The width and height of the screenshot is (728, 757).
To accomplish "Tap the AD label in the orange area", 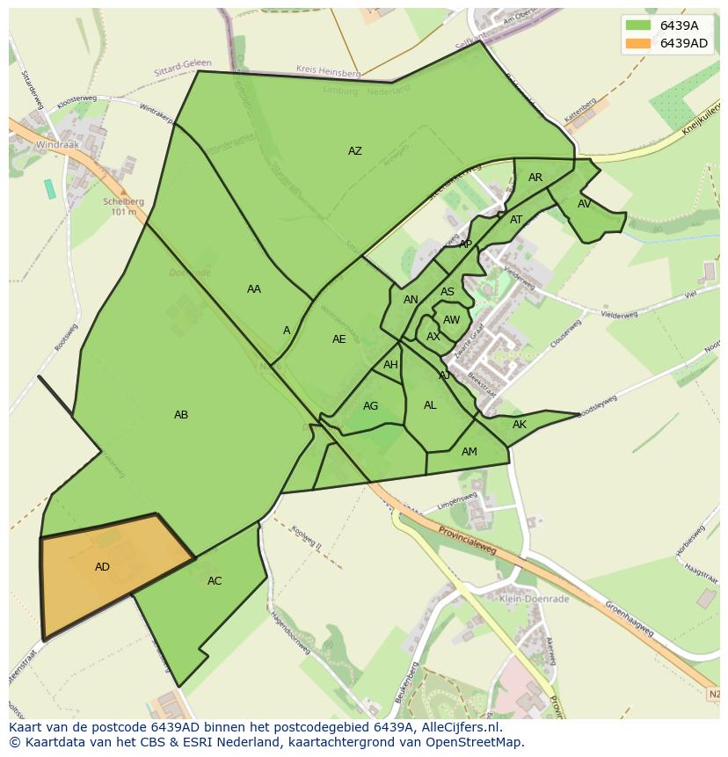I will pyautogui.click(x=102, y=567).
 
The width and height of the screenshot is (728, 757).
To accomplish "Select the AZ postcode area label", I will pyautogui.click(x=354, y=151).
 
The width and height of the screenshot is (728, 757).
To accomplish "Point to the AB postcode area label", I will pyautogui.click(x=181, y=415).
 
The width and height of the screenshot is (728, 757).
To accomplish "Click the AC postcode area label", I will pyautogui.click(x=215, y=581).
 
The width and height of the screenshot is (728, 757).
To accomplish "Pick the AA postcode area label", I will pyautogui.click(x=254, y=289).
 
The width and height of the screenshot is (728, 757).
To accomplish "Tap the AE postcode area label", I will pyautogui.click(x=339, y=339).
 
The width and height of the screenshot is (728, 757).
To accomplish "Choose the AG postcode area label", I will pyautogui.click(x=370, y=406).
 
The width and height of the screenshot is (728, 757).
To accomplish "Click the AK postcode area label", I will pyautogui.click(x=519, y=425).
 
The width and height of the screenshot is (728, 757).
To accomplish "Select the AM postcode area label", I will pyautogui.click(x=470, y=452).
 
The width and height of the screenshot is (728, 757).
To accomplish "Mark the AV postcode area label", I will pyautogui.click(x=585, y=204).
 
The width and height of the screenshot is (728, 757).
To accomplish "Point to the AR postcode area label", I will pyautogui.click(x=535, y=178).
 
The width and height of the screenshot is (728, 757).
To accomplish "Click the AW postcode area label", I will pyautogui.click(x=451, y=320).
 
